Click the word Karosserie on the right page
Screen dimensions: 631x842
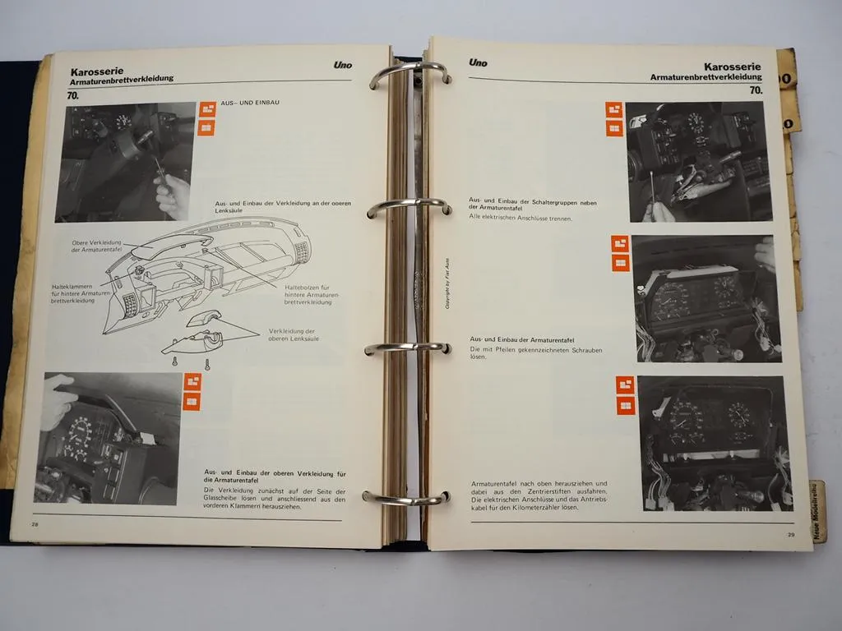point(732,67)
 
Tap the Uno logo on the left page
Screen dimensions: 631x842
point(343,65)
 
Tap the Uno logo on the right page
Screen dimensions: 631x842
point(478,62)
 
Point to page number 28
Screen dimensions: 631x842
point(35,523)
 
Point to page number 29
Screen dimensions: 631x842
point(790,535)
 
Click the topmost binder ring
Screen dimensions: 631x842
point(409,74)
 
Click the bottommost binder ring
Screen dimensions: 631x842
point(406,498)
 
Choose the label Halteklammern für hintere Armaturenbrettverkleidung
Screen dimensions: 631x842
point(78,293)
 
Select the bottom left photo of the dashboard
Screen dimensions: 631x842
point(107,438)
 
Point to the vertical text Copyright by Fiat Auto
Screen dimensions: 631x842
point(449,280)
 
